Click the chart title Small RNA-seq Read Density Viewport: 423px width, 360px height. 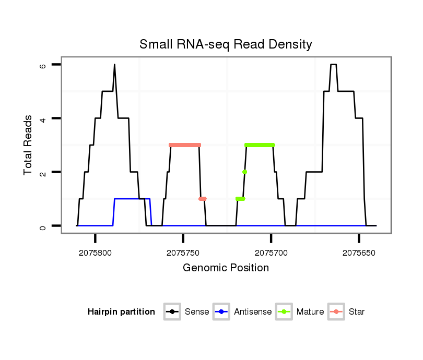[226, 44]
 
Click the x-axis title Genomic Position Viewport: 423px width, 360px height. [226, 268]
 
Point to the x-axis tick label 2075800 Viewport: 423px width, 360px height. [96, 253]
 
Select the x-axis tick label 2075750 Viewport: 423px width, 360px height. [183, 253]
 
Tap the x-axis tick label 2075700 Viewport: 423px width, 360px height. [271, 253]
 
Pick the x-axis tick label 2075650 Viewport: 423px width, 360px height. [359, 253]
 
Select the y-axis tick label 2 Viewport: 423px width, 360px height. [43, 172]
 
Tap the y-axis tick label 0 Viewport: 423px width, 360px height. [43, 226]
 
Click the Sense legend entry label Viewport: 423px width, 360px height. [197, 312]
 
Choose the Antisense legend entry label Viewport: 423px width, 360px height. [253, 312]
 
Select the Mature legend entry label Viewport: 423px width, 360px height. [310, 312]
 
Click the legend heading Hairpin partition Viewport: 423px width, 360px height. [122, 312]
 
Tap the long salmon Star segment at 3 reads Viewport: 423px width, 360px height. [185, 145]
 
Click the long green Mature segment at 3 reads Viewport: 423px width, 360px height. [260, 145]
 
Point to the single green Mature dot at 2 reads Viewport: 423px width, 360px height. [244, 172]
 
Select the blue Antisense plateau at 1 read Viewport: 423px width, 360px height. [132, 199]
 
